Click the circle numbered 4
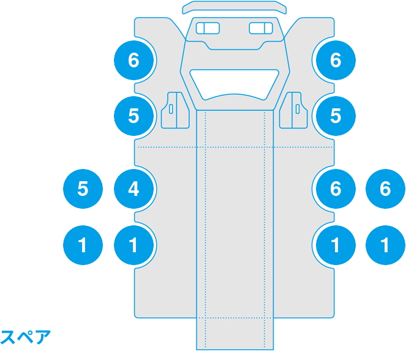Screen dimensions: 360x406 pyautogui.click(x=133, y=189)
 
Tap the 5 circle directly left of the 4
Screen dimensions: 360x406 pyautogui.click(x=83, y=189)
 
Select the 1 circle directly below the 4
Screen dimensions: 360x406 pyautogui.click(x=133, y=246)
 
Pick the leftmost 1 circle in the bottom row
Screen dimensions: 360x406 pyautogui.click(x=83, y=246)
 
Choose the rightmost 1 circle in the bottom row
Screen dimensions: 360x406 pyautogui.click(x=385, y=246)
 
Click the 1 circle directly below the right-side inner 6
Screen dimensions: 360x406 pyautogui.click(x=335, y=246)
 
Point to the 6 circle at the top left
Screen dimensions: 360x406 pyautogui.click(x=133, y=60)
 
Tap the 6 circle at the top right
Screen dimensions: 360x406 pyautogui.click(x=335, y=60)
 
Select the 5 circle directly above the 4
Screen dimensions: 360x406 pyautogui.click(x=133, y=116)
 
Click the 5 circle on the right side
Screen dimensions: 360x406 pyautogui.click(x=335, y=116)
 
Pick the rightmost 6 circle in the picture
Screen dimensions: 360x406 pyautogui.click(x=385, y=189)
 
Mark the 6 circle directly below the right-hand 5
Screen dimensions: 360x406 pyautogui.click(x=335, y=189)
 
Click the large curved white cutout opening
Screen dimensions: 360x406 pyautogui.click(x=235, y=82)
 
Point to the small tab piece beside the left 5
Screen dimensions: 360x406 pyautogui.click(x=173, y=110)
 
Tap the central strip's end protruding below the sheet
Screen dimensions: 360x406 pyautogui.click(x=235, y=334)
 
